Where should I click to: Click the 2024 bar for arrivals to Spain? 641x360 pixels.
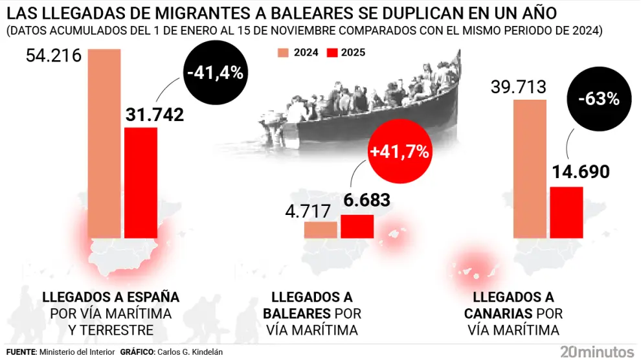pos(104,144)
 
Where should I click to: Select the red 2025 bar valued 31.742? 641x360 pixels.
pos(141,183)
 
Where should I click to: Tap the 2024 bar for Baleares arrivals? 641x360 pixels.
pos(320,230)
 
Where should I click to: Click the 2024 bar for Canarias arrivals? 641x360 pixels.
pos(530,169)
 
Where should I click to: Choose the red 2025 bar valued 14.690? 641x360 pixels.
pos(567,212)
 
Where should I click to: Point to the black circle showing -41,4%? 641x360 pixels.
pos(214,73)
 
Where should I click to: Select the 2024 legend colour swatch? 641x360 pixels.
pos(282,53)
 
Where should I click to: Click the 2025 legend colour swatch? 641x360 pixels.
pos(332,53)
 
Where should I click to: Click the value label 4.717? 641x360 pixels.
pos(309,212)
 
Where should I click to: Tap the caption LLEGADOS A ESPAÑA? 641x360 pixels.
pos(110,297)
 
